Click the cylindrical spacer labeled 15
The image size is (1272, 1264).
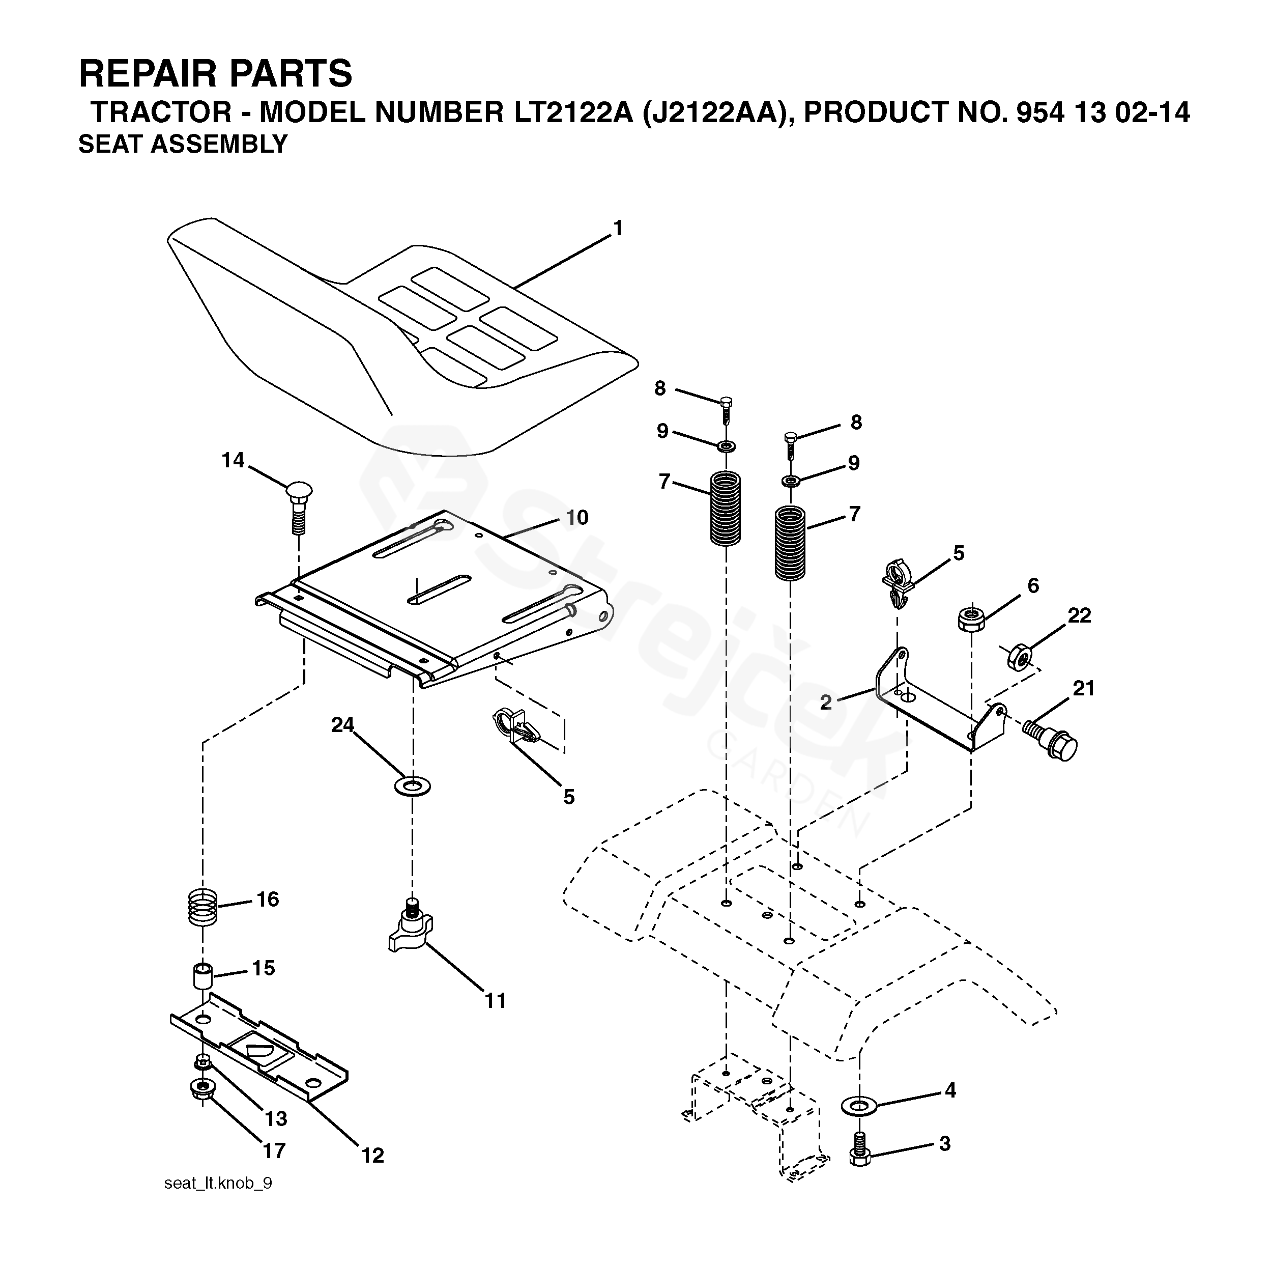pyautogui.click(x=204, y=976)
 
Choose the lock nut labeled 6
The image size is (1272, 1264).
pyautogui.click(x=971, y=619)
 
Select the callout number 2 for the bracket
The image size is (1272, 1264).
pyautogui.click(x=826, y=702)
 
